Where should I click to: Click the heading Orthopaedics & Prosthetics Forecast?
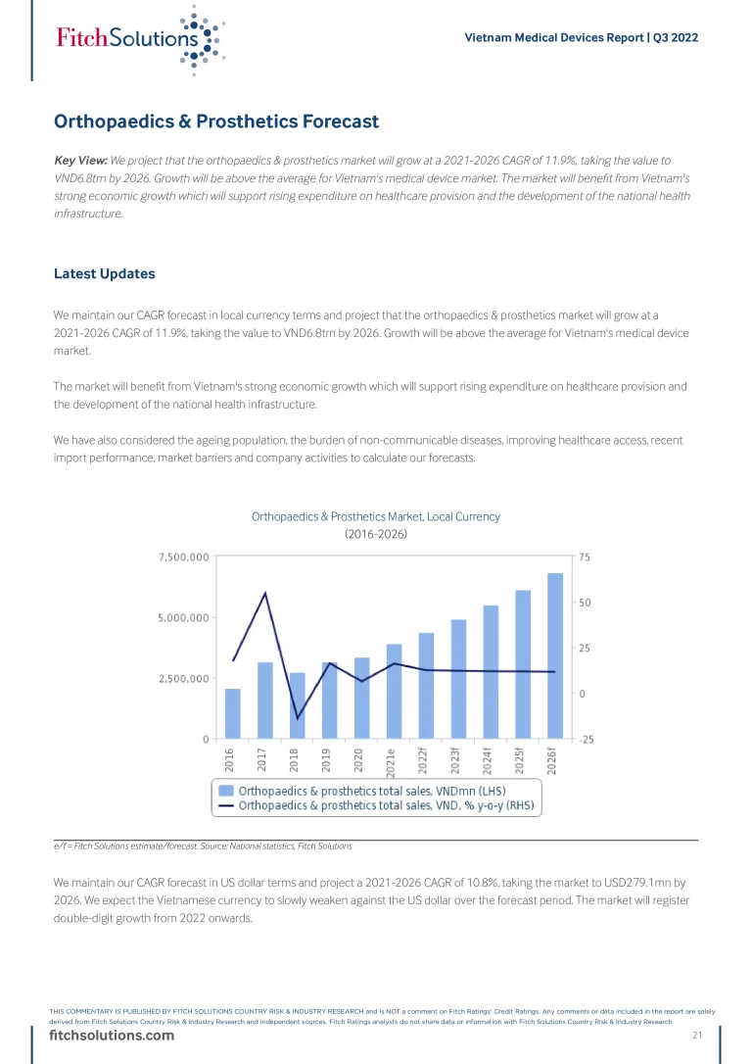(216, 122)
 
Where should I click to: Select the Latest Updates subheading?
(105, 273)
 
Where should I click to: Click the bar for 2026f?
(555, 655)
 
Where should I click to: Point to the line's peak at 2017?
(264, 593)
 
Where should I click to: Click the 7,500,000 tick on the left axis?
(183, 557)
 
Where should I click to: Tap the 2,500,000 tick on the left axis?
(183, 678)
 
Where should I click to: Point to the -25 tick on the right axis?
(586, 739)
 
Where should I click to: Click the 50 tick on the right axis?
(585, 603)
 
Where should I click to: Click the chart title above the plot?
(376, 516)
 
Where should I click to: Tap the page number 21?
(698, 1037)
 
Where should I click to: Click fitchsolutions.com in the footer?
(112, 1037)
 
